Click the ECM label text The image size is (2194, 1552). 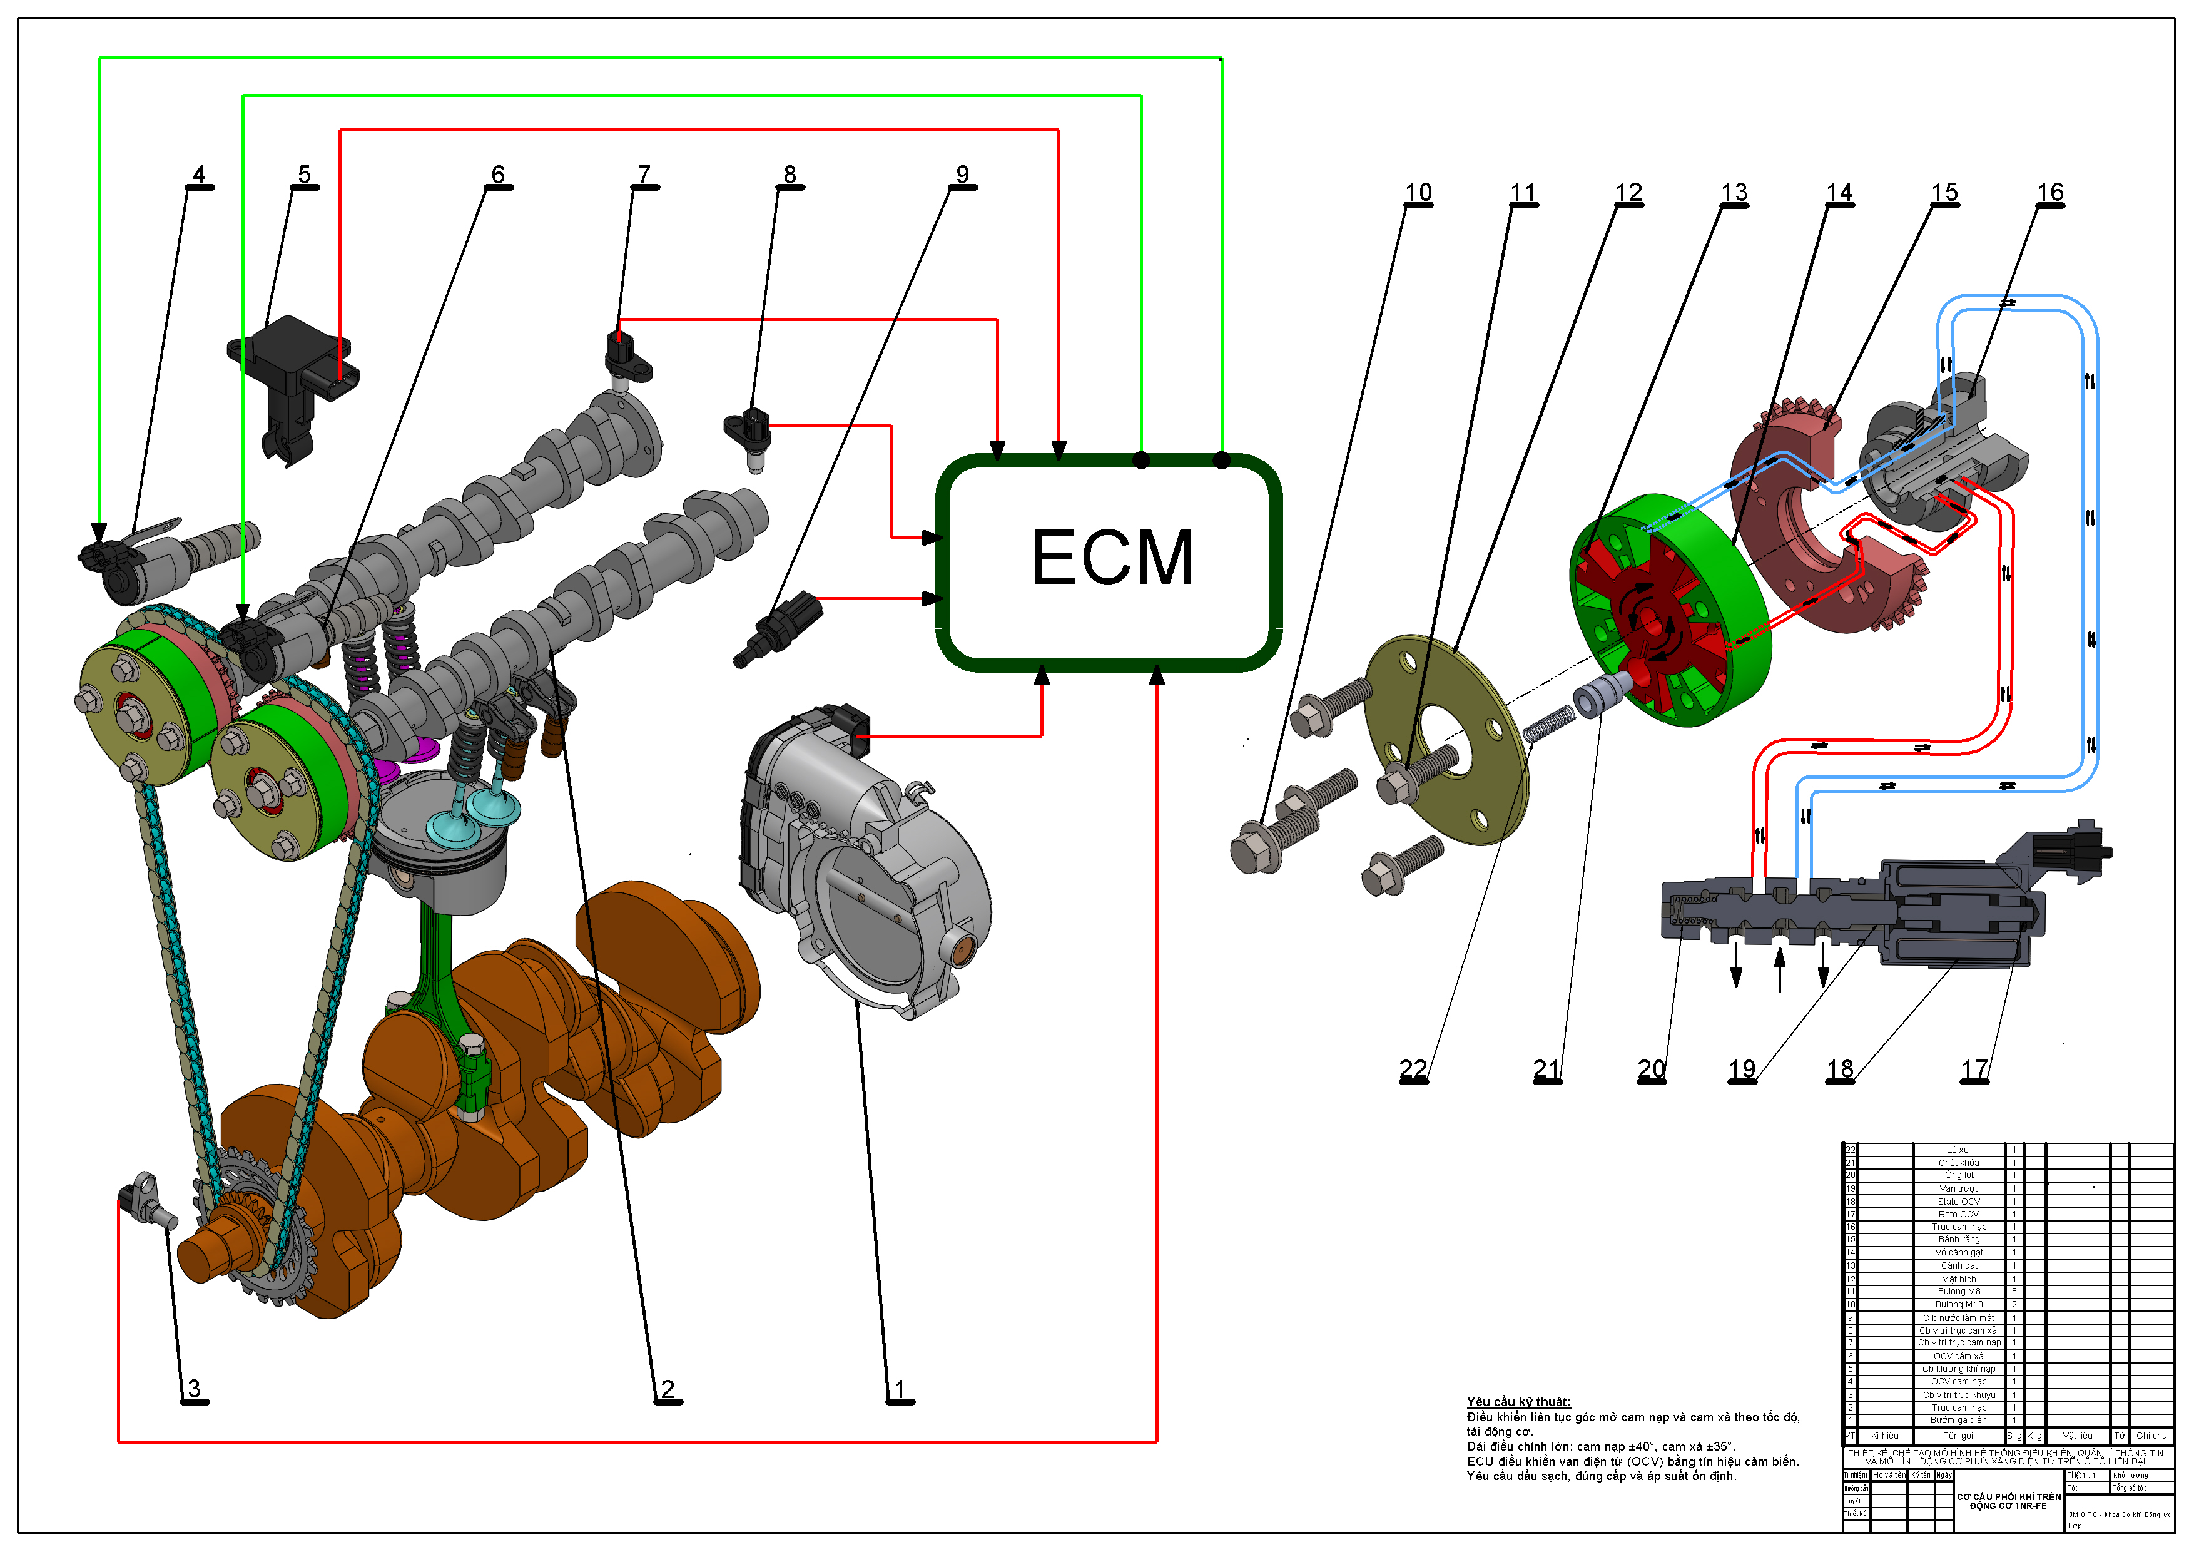pos(1112,558)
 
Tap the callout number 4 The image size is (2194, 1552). pos(199,175)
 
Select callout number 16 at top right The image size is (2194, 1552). pos(2049,193)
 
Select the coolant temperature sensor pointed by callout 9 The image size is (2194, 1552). pos(783,626)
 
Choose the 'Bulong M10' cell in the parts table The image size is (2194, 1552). pos(1958,1304)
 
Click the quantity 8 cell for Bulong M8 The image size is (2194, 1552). pos(2013,1291)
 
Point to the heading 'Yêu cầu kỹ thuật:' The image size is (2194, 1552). pos(1518,1402)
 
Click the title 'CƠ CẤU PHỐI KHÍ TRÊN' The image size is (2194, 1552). pos(2009,1496)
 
